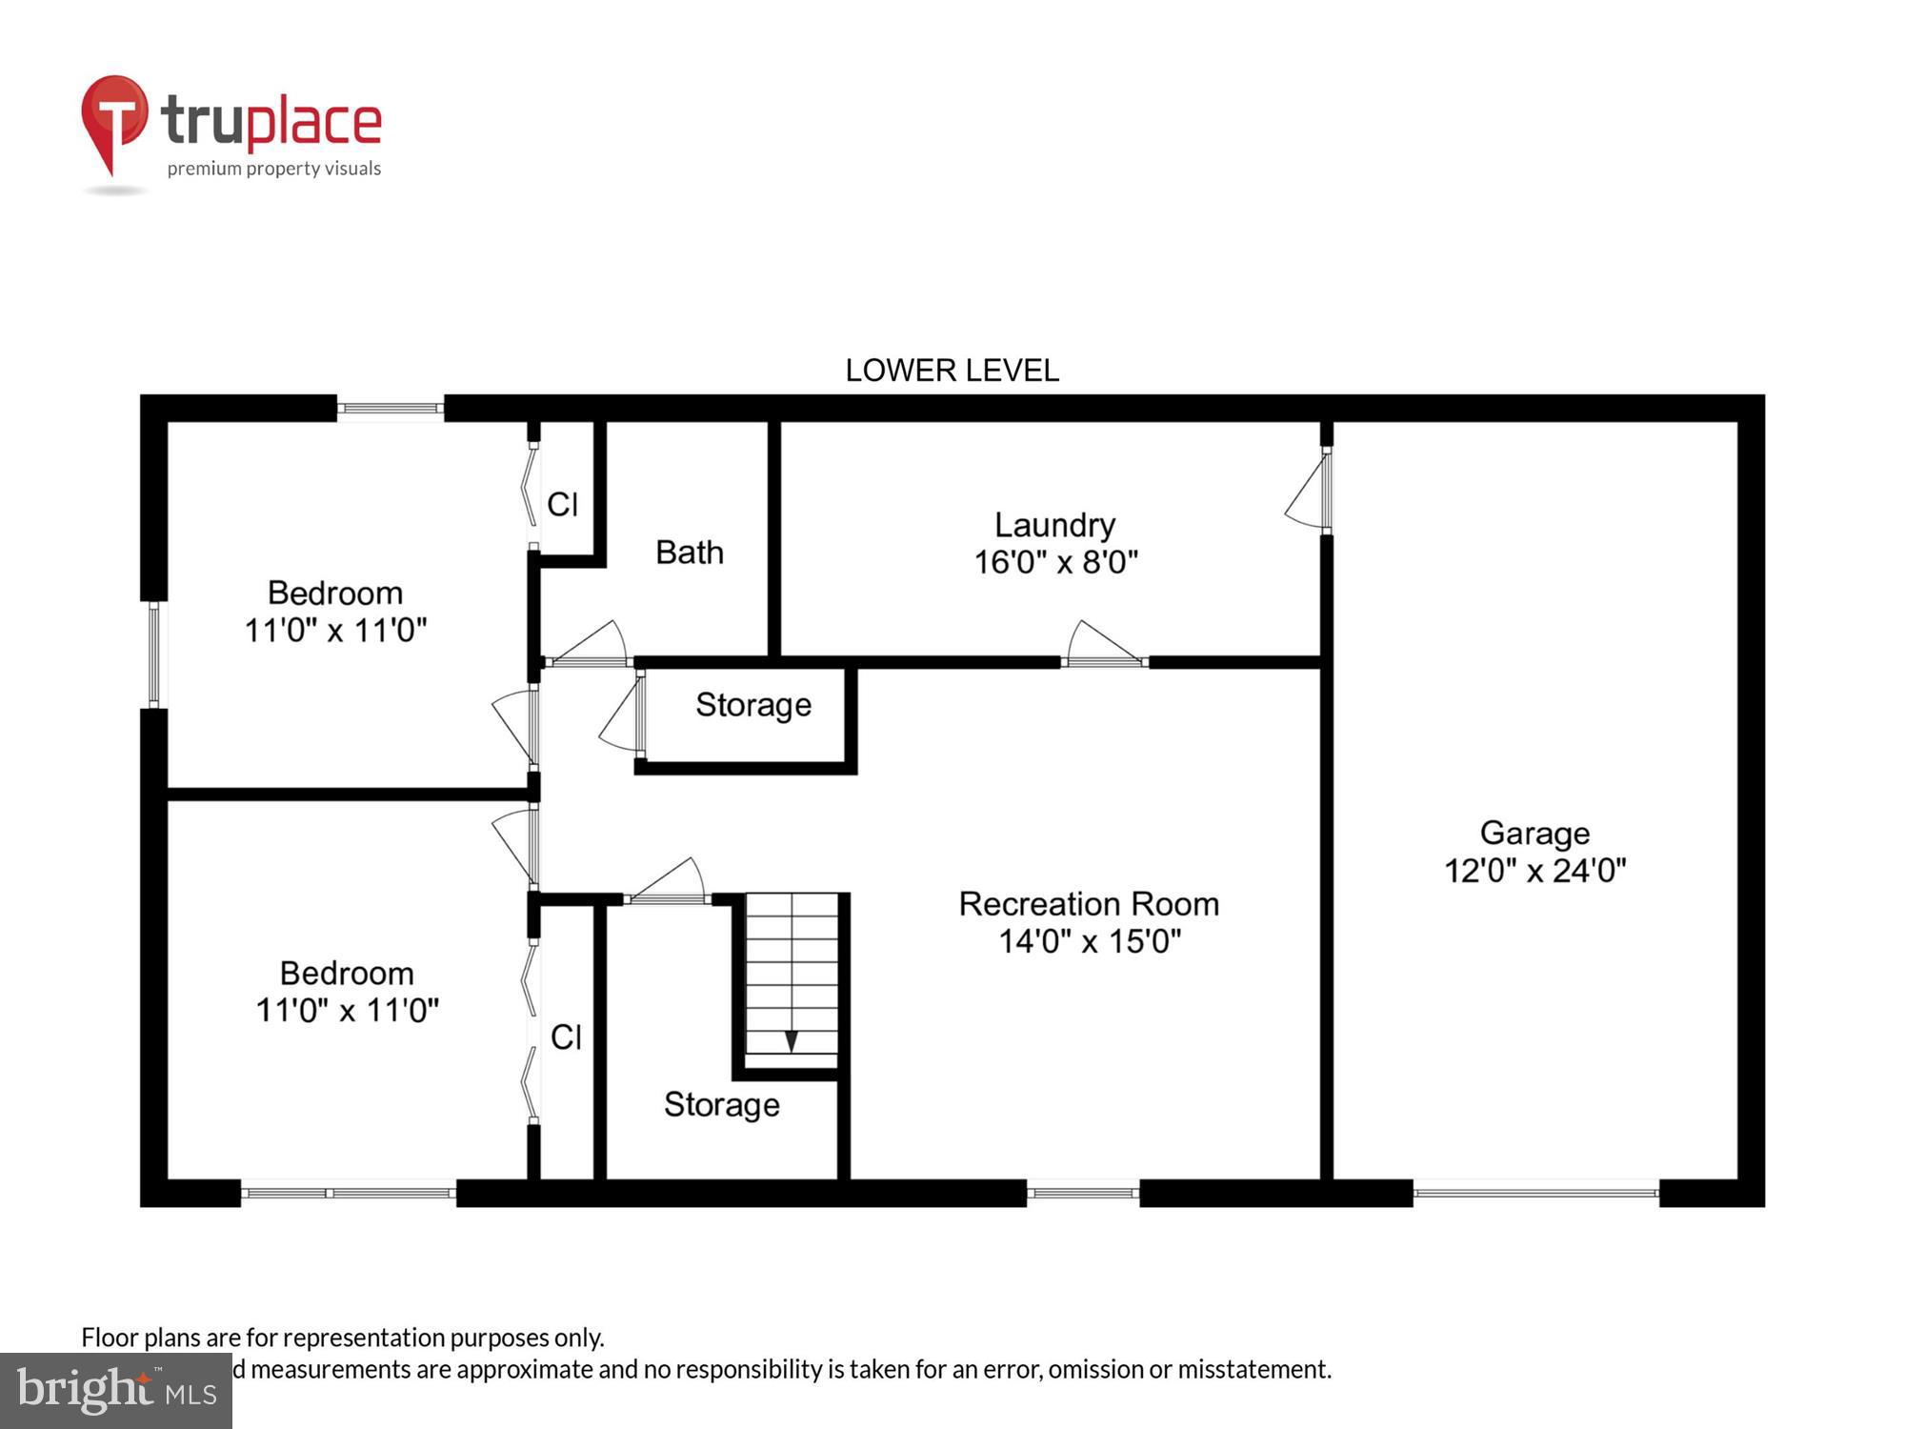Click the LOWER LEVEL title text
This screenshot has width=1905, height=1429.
click(x=952, y=371)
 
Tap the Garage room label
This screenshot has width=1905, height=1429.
click(x=1534, y=833)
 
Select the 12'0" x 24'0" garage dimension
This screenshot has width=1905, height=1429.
click(x=1534, y=871)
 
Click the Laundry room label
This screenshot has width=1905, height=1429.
click(x=1054, y=525)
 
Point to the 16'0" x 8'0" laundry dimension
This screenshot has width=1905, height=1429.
click(x=1055, y=562)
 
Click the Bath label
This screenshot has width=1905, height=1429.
click(x=690, y=553)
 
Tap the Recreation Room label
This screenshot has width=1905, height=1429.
click(x=1089, y=903)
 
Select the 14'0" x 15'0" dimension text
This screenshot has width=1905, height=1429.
click(x=1089, y=941)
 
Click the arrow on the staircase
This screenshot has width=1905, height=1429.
click(x=791, y=1040)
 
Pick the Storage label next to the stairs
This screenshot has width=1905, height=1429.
click(x=721, y=1104)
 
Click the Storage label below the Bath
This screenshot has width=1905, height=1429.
click(x=753, y=705)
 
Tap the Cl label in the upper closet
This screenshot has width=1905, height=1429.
click(x=562, y=505)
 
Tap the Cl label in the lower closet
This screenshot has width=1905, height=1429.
click(x=566, y=1037)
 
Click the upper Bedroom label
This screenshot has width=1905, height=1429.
click(x=335, y=593)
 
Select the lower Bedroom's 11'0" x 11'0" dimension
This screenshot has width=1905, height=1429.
click(x=347, y=1010)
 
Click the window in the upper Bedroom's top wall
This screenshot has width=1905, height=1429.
click(x=391, y=409)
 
